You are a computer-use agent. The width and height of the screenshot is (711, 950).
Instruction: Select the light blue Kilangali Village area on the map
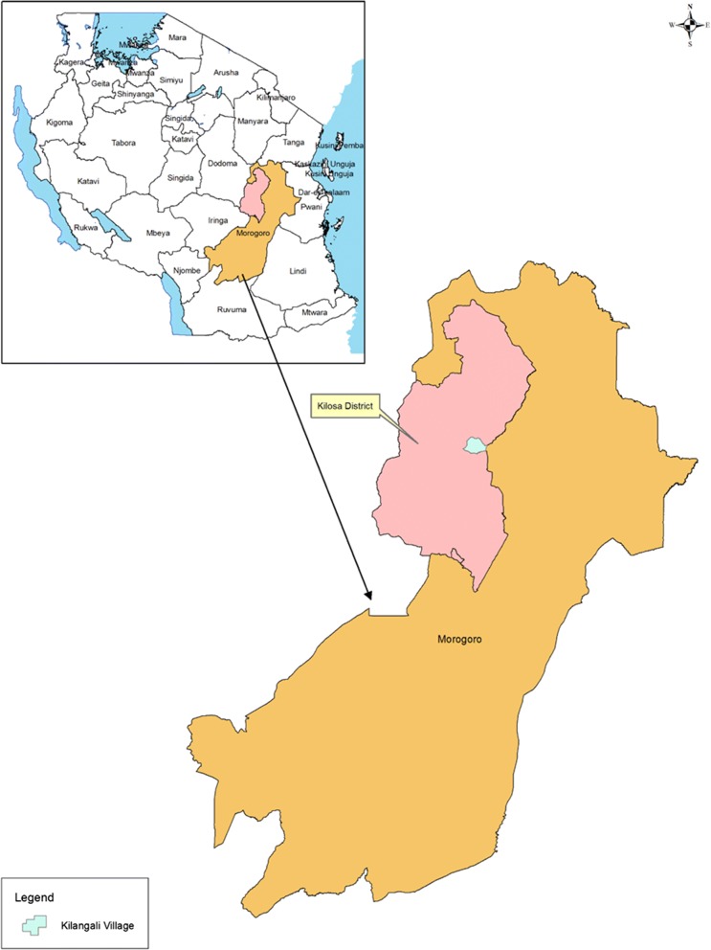tap(475, 444)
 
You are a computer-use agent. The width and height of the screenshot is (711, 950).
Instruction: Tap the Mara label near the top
tap(177, 37)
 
